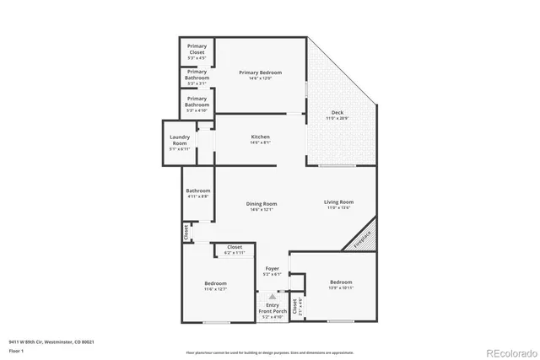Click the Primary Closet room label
tap(197, 49)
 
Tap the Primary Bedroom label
tap(260, 73)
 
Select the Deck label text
tap(337, 111)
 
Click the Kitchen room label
tap(260, 137)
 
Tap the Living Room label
tap(339, 202)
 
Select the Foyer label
tap(272, 269)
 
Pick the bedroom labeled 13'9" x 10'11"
tap(341, 282)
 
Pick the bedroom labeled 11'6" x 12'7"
tap(215, 284)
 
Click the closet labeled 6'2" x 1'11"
tap(234, 250)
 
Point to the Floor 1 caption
tap(16, 350)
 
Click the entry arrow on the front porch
tap(272, 297)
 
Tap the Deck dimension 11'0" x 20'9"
tap(337, 117)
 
